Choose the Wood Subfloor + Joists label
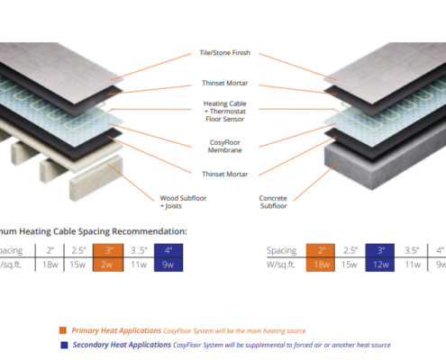[x=177, y=201]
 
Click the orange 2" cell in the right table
[x=322, y=250]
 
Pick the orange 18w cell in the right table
[x=322, y=264]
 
